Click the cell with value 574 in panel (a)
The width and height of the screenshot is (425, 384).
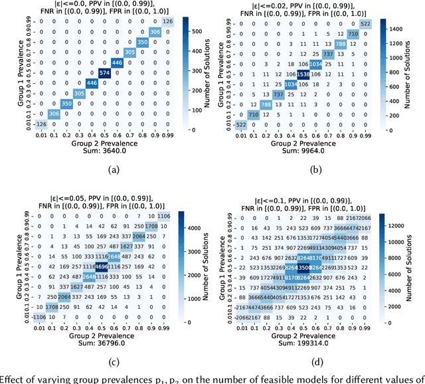(104, 72)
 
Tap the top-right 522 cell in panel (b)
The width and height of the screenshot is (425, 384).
(366, 25)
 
